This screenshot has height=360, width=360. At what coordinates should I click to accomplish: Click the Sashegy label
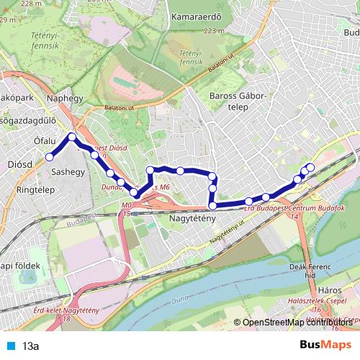69,172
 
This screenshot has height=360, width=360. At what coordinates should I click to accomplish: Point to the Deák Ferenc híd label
314,271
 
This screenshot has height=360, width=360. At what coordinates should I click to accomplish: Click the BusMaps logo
326,344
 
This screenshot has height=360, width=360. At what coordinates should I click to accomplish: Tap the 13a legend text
30,346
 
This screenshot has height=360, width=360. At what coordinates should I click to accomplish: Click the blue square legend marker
10,346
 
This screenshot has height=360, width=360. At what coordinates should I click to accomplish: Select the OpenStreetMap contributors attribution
297,323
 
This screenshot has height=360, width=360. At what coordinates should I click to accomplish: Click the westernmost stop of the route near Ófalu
50,157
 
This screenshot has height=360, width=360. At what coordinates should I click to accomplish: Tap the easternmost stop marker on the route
311,168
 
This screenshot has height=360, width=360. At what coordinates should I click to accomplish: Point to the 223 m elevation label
214,31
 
